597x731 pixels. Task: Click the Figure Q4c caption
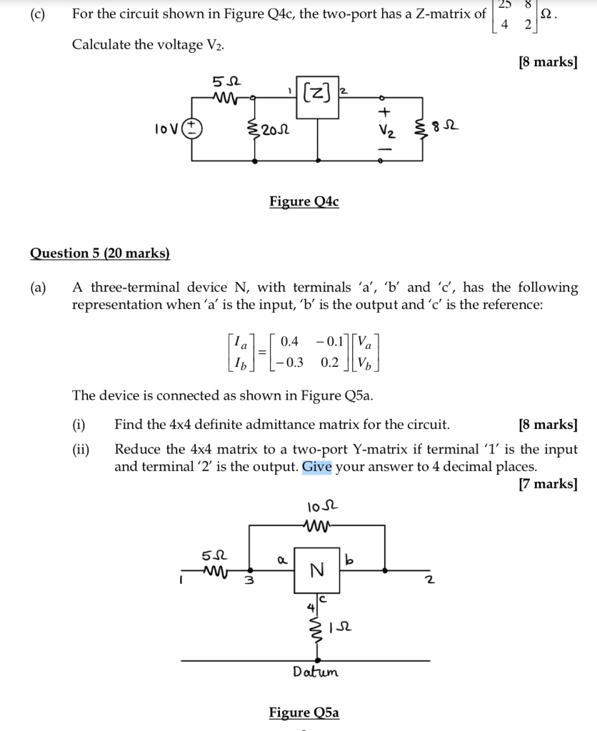[303, 202]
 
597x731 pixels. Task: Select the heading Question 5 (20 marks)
[100, 253]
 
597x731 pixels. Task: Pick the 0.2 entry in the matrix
[330, 362]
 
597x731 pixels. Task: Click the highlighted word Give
[316, 467]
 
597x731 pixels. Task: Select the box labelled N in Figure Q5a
[317, 570]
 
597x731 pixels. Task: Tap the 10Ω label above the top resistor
[315, 508]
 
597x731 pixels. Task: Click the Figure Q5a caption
[303, 712]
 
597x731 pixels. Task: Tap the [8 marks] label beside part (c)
[548, 62]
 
